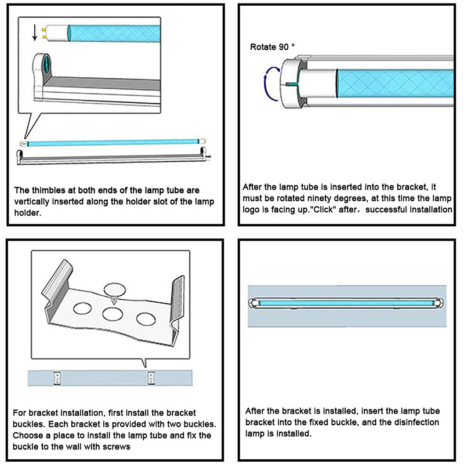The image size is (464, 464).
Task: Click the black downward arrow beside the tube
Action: pyautogui.click(x=34, y=32)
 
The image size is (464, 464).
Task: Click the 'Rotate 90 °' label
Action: pyautogui.click(x=273, y=46)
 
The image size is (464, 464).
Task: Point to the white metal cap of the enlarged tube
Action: pyautogui.click(x=60, y=31)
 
